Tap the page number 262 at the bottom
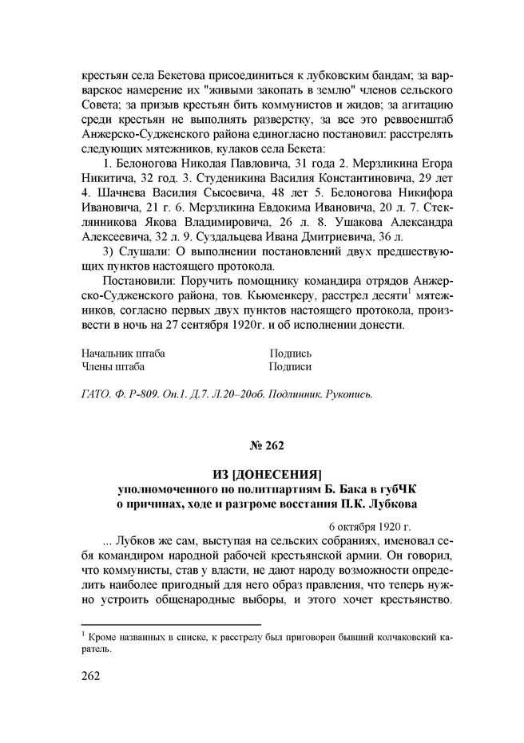point(92,676)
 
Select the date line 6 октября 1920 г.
point(369,527)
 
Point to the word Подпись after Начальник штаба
point(290,354)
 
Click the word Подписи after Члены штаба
point(290,367)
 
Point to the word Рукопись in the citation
point(347,394)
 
